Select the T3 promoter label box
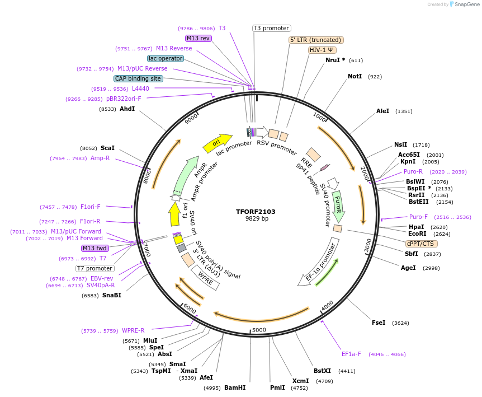pyautogui.click(x=272, y=28)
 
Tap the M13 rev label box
pyautogui.click(x=199, y=38)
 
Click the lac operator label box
pyautogui.click(x=166, y=58)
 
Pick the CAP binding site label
pyautogui.click(x=138, y=78)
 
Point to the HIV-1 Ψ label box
pyautogui.click(x=322, y=50)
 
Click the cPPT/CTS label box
pyautogui.click(x=421, y=244)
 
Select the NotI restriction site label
pyautogui.click(x=355, y=76)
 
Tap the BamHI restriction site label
pyautogui.click(x=235, y=387)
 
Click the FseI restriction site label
pyautogui.click(x=379, y=323)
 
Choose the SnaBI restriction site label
pyautogui.click(x=111, y=295)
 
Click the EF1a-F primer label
pyautogui.click(x=352, y=354)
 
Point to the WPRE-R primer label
pyautogui.click(x=133, y=330)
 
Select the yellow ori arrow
pyautogui.click(x=217, y=143)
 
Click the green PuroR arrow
pyautogui.click(x=338, y=205)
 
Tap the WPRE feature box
pyautogui.click(x=205, y=277)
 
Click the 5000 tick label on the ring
pyautogui.click(x=259, y=330)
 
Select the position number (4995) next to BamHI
pyautogui.click(x=212, y=387)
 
